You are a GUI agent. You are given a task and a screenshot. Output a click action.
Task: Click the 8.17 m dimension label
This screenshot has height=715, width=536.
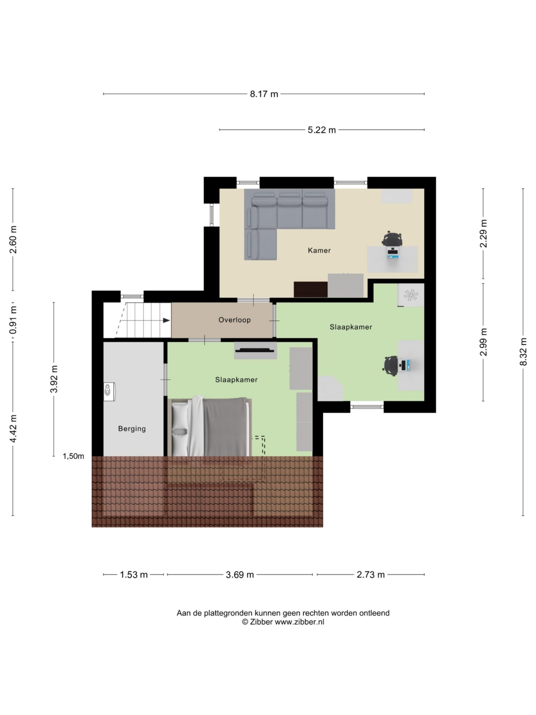pyautogui.click(x=264, y=94)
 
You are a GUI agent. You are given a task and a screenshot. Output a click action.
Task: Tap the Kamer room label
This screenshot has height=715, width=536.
pyautogui.click(x=319, y=250)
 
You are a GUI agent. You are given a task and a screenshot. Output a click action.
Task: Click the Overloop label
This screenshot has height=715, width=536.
pyautogui.click(x=234, y=320)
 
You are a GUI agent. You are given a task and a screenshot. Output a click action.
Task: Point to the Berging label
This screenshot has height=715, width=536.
pyautogui.click(x=132, y=429)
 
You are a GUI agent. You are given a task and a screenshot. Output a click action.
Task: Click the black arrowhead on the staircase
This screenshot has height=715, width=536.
pyautogui.click(x=166, y=320)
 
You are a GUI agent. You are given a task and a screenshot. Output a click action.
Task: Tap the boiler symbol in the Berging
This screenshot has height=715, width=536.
pyautogui.click(x=109, y=392)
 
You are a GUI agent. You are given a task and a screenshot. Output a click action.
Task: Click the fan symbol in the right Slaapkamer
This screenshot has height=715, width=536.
pyautogui.click(x=411, y=295)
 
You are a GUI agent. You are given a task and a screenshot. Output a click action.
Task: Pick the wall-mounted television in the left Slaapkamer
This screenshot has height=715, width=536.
pyautogui.click(x=255, y=350)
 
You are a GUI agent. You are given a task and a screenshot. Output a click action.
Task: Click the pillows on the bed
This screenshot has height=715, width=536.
pyautogui.click(x=180, y=427)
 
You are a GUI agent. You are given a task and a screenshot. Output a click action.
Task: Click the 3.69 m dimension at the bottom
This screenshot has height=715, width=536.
pyautogui.click(x=239, y=575)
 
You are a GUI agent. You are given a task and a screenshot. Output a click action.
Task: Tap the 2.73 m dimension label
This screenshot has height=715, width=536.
pyautogui.click(x=370, y=575)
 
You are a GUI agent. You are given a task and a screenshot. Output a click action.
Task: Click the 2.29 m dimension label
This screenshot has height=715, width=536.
pyautogui.click(x=483, y=233)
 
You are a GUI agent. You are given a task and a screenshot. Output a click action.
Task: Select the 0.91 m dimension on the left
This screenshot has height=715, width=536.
pyautogui.click(x=13, y=320)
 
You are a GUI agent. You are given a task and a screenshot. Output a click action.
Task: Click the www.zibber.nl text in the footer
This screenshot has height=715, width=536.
pyautogui.click(x=299, y=622)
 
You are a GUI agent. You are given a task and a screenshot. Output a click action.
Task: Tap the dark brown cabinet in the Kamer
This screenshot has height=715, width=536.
pyautogui.click(x=310, y=289)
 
